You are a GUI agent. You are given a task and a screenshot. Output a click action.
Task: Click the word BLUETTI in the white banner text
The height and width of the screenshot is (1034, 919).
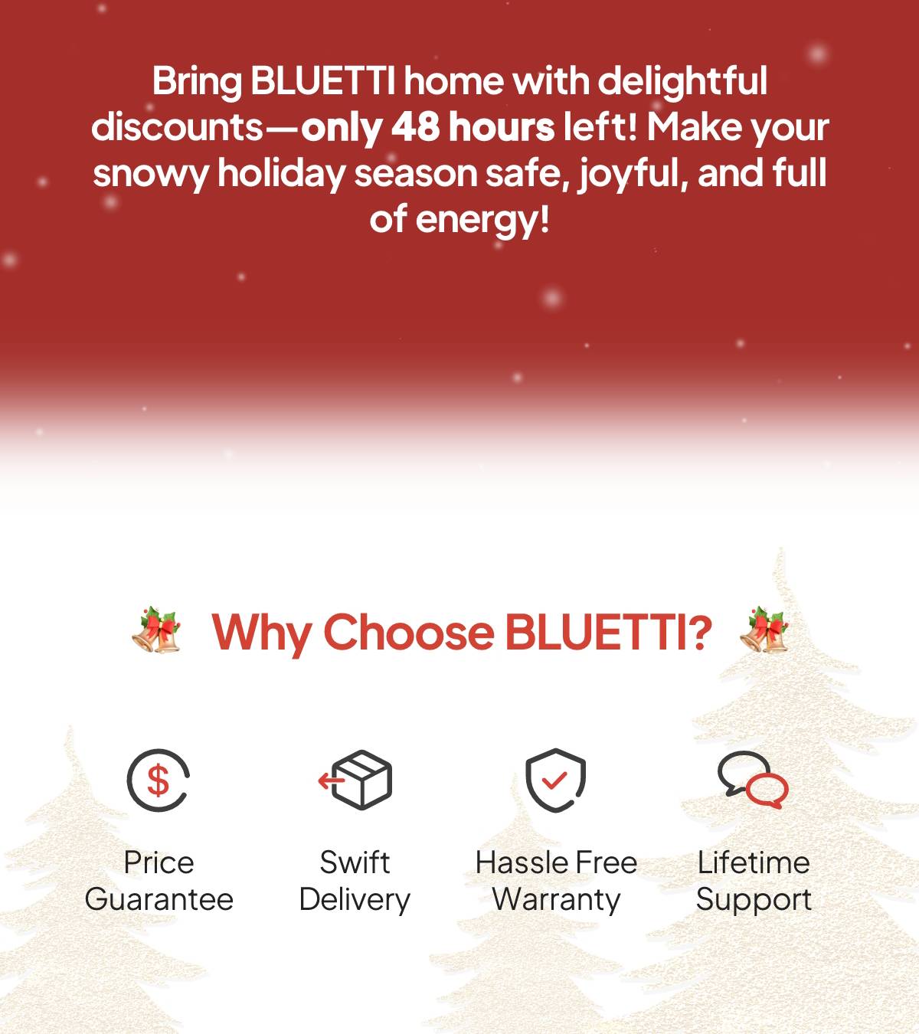tap(322, 81)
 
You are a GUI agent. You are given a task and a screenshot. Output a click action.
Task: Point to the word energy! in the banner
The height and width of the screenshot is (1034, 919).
tap(482, 221)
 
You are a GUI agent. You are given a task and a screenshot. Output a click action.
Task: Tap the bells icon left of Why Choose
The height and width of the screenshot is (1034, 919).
tap(157, 630)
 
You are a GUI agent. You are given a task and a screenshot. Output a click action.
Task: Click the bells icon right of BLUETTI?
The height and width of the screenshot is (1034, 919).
tap(764, 630)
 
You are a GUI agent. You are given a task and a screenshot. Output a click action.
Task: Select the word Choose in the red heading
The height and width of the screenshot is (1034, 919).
tap(409, 632)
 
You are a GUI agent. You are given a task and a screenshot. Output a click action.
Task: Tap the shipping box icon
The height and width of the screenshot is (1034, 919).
tap(355, 780)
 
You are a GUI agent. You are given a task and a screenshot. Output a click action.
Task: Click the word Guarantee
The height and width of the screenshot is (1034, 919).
tap(159, 899)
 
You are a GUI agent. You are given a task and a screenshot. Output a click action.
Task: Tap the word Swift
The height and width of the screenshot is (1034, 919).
tap(355, 862)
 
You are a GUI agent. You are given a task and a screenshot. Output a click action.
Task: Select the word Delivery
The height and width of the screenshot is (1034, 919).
tap(355, 900)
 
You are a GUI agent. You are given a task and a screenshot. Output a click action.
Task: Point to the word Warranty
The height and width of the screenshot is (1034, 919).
tap(556, 900)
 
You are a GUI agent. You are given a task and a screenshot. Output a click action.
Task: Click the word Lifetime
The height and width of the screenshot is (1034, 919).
tap(754, 862)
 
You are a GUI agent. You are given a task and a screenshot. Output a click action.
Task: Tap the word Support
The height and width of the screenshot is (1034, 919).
tap(754, 900)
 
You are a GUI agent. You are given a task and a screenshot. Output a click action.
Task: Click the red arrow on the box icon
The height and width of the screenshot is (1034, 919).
tap(329, 780)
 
